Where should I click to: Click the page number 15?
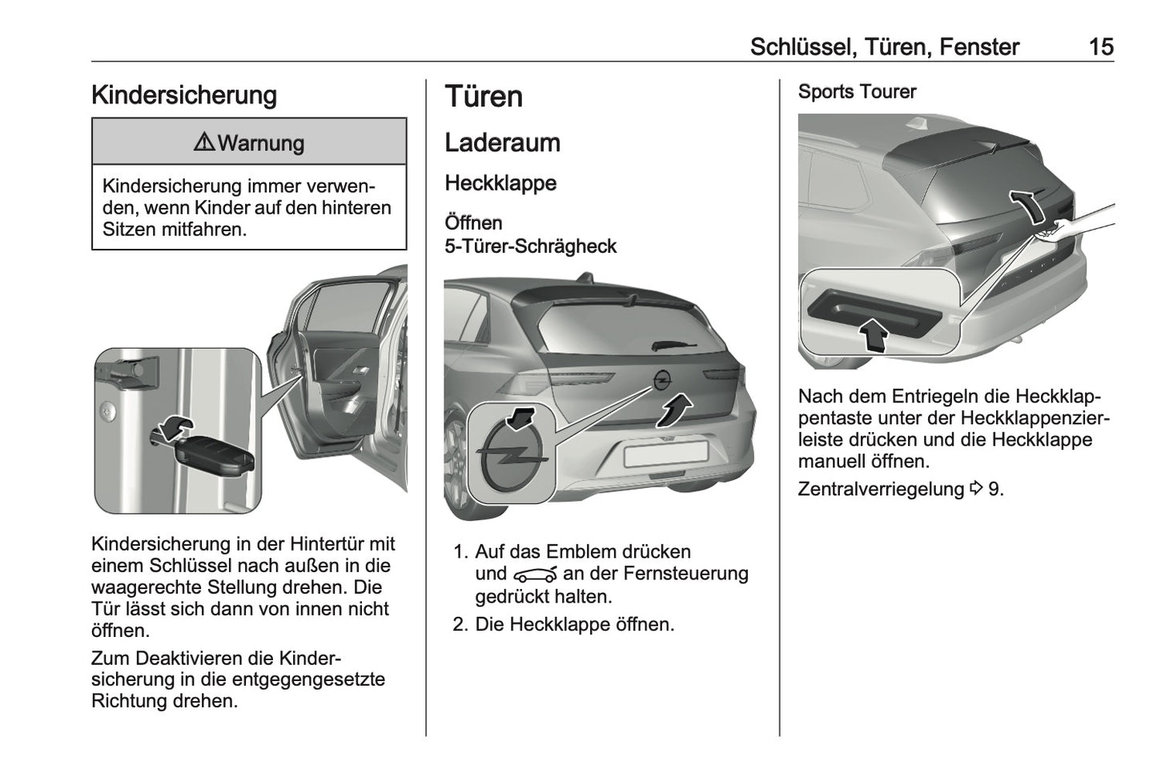tap(1101, 47)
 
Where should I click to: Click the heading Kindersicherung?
tap(184, 95)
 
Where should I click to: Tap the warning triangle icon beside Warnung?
tap(204, 143)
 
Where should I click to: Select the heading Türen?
tap(484, 97)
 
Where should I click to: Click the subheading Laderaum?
tap(502, 143)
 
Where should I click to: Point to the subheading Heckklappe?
tap(500, 183)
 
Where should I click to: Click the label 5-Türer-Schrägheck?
tap(530, 246)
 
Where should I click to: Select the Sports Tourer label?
tap(857, 92)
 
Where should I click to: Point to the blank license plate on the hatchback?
tap(665, 453)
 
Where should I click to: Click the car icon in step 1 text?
tap(535, 575)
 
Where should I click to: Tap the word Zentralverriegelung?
tap(881, 489)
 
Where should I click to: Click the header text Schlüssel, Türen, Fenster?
tap(884, 47)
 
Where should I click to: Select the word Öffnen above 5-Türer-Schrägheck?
tap(473, 223)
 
